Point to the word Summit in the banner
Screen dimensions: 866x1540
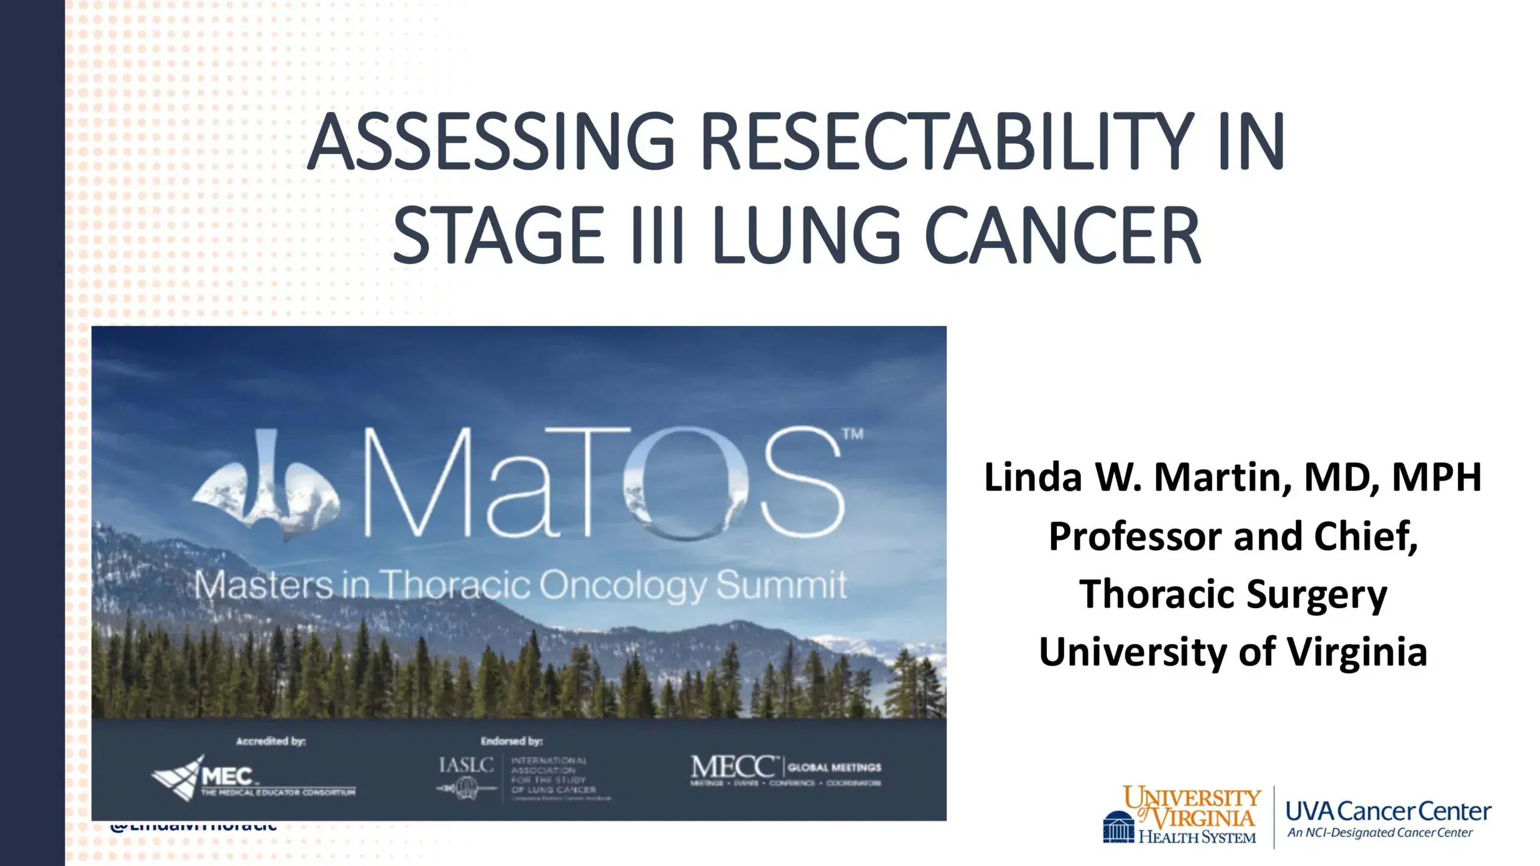(782, 585)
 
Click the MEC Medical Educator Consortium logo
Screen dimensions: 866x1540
(253, 779)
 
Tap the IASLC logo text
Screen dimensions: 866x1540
(466, 765)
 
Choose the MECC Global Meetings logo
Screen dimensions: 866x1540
(786, 769)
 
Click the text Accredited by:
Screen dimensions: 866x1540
(271, 741)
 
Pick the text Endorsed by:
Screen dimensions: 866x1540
(511, 741)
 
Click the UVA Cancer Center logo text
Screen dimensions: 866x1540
(1388, 812)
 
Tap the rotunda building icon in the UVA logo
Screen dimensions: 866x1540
(1119, 828)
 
